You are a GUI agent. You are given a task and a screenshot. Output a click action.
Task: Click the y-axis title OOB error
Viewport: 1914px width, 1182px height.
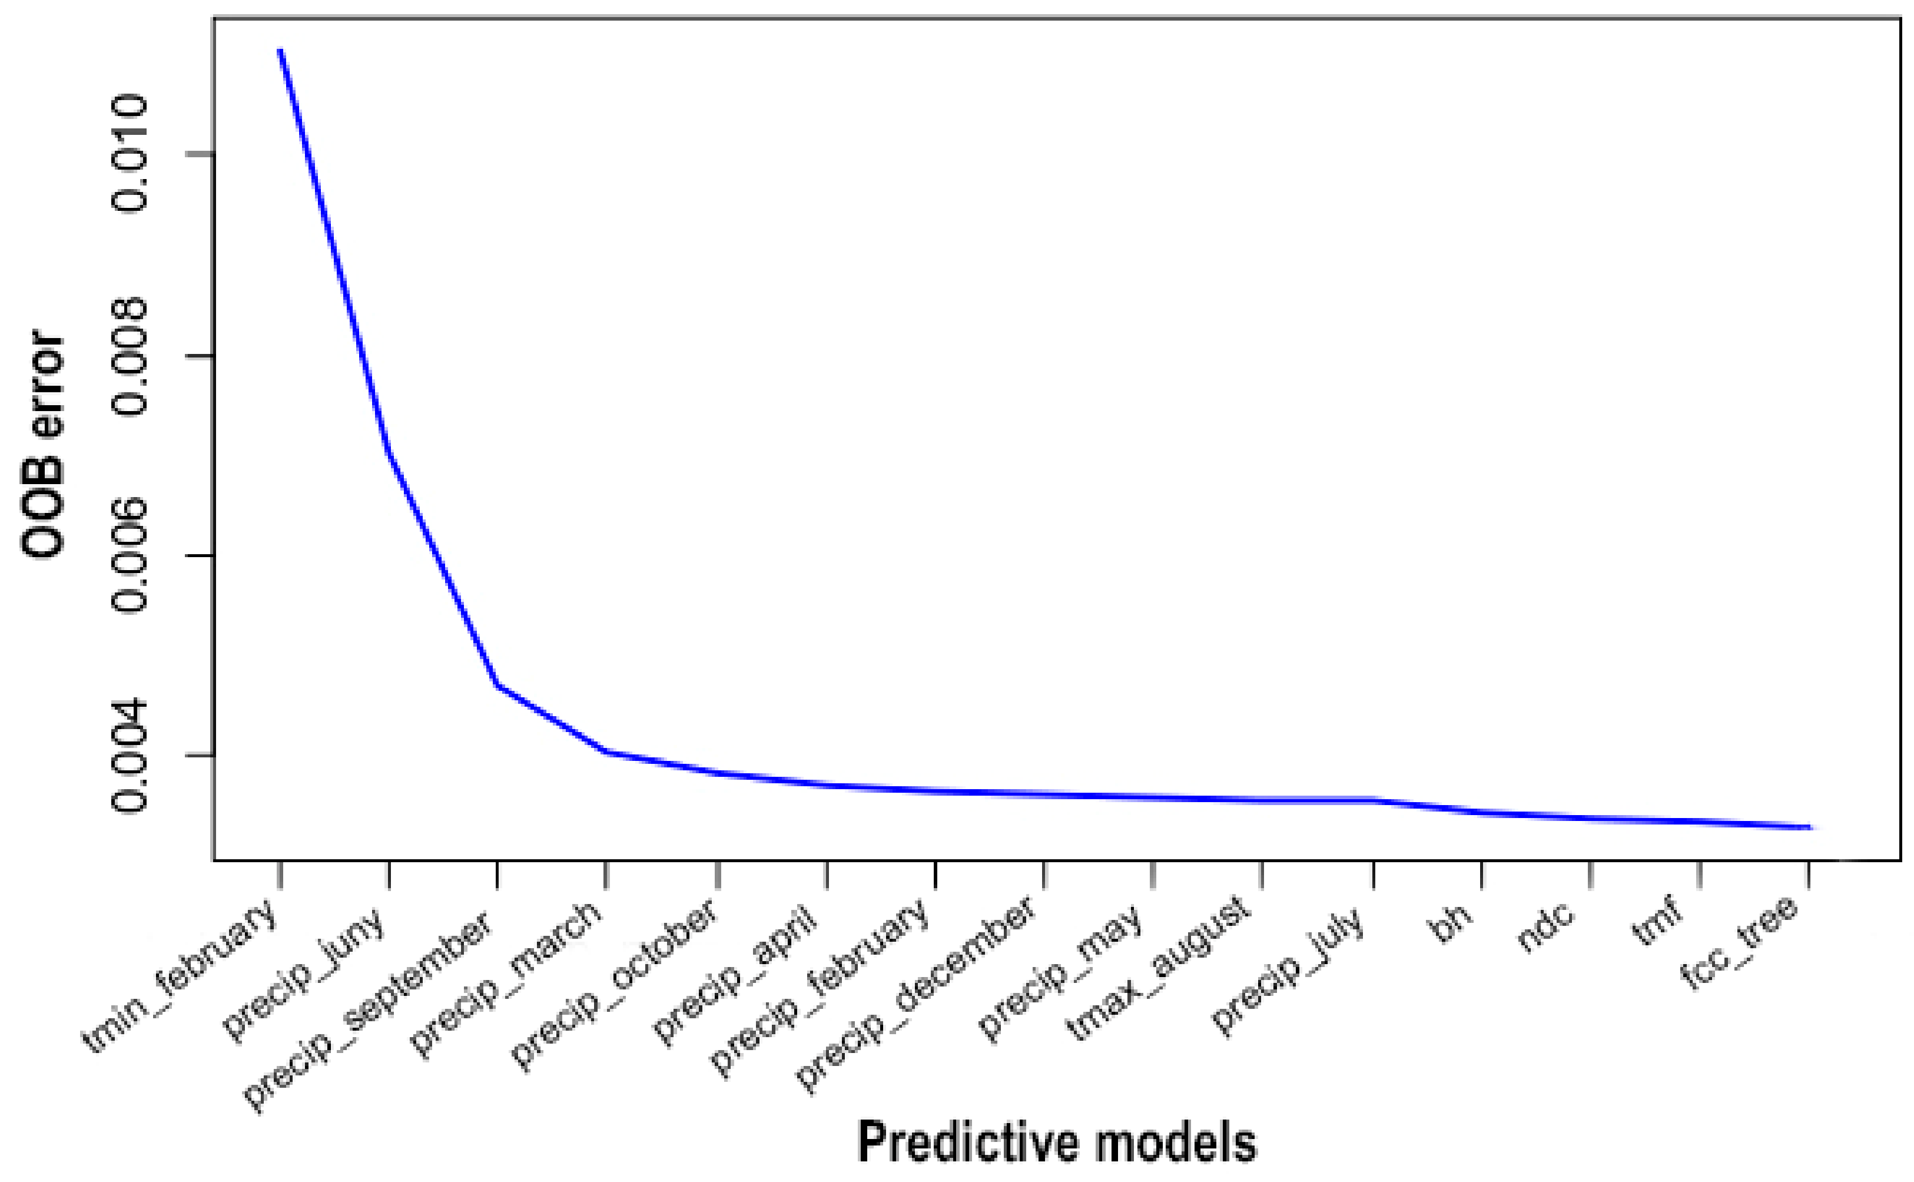[42, 444]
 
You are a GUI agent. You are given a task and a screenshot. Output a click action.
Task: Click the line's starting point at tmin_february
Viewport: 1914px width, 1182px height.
[280, 50]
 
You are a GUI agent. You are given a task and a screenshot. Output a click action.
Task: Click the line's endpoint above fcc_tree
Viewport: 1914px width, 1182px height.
[1809, 827]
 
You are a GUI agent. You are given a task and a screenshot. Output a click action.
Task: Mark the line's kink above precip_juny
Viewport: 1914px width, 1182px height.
[389, 453]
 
